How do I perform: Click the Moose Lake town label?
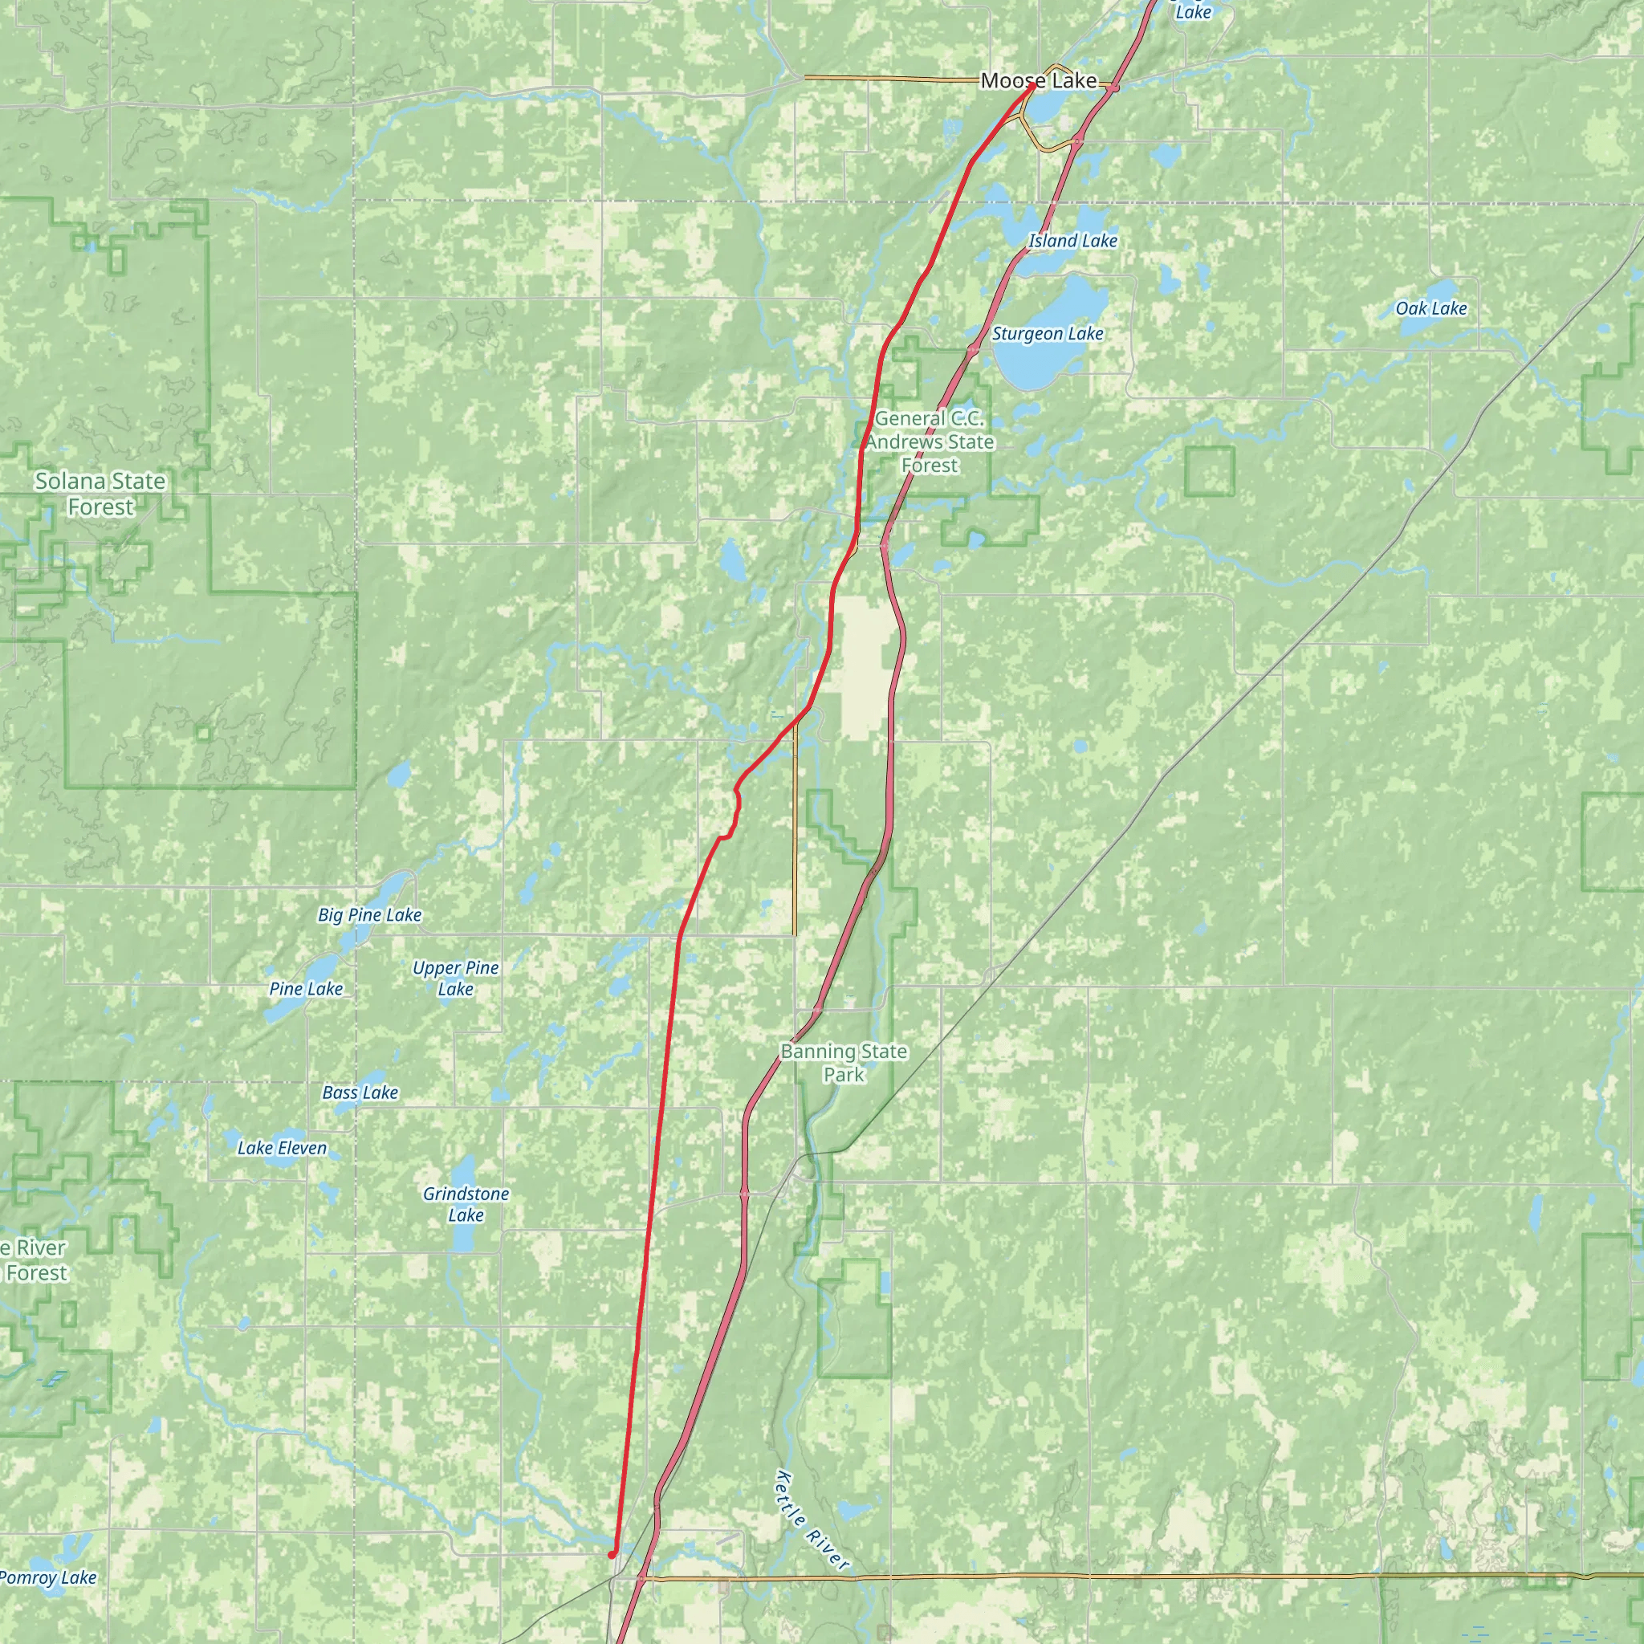pyautogui.click(x=1038, y=81)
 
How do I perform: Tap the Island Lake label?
pyautogui.click(x=1072, y=241)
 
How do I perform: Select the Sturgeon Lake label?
pyautogui.click(x=1048, y=334)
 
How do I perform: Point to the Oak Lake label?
pyautogui.click(x=1431, y=308)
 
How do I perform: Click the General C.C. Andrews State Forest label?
pyautogui.click(x=930, y=442)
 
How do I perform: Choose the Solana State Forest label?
pyautogui.click(x=100, y=494)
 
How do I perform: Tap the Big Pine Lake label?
pyautogui.click(x=369, y=915)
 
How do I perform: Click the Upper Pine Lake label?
pyautogui.click(x=455, y=978)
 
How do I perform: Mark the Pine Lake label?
pyautogui.click(x=306, y=989)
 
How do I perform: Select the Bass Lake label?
pyautogui.click(x=360, y=1093)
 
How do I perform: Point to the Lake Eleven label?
pyautogui.click(x=282, y=1148)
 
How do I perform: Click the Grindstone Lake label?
pyautogui.click(x=466, y=1204)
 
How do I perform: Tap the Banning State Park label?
pyautogui.click(x=844, y=1063)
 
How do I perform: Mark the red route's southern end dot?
pyautogui.click(x=612, y=1555)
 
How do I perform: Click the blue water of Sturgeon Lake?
pyautogui.click(x=1034, y=362)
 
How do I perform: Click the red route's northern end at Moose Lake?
pyautogui.click(x=1032, y=85)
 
